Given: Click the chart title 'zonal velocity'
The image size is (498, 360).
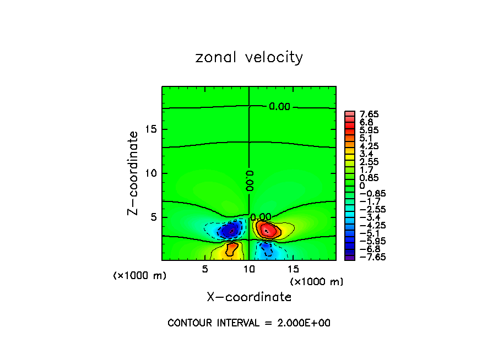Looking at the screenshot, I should point(249,57).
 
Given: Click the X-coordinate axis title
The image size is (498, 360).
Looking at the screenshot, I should point(249,297).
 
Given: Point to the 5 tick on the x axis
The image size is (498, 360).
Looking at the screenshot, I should point(205,269).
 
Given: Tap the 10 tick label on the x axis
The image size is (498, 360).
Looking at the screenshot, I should point(249,269).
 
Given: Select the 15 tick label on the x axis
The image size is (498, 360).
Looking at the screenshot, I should point(293,269).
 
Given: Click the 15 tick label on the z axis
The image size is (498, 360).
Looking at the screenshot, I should point(151,129).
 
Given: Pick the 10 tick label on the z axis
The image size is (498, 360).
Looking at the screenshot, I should point(151,173).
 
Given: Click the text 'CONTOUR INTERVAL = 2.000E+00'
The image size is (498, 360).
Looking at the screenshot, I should point(249,323).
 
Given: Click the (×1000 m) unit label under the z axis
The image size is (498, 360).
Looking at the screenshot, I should point(139,276).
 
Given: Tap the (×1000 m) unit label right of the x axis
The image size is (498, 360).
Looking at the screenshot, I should point(317,282).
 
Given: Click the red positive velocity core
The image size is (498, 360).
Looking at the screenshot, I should point(267,229).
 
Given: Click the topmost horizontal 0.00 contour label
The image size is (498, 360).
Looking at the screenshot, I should point(279,106).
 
